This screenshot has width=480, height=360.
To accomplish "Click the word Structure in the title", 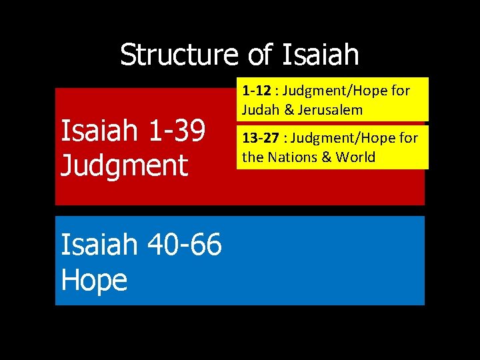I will (x=178, y=55).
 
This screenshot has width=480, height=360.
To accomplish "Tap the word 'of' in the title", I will (x=260, y=55).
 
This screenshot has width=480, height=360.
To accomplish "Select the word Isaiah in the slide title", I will (x=321, y=55).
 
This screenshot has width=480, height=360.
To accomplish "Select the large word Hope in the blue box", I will (x=93, y=279).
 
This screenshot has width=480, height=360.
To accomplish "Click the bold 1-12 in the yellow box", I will (x=255, y=90).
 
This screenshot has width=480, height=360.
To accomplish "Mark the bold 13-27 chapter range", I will (x=259, y=139).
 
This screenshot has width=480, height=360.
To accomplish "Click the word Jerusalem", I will (x=330, y=109).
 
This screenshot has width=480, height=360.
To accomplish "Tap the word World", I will (x=355, y=158).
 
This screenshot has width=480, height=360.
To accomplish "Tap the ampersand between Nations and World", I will (x=327, y=158).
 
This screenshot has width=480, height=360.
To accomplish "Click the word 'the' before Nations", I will (x=253, y=158).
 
